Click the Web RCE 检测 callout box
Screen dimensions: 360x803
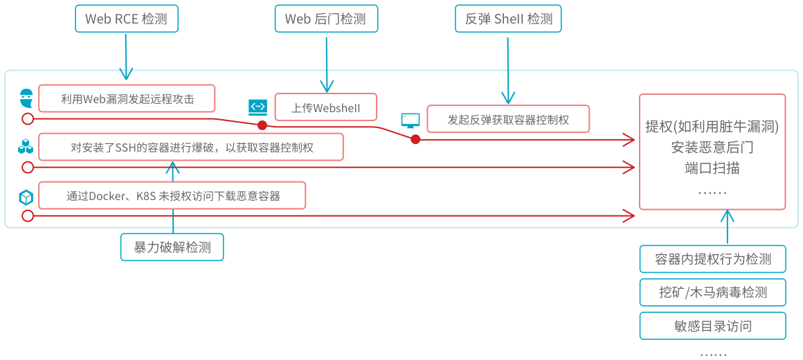pos(126,19)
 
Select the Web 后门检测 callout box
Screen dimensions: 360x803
pos(325,19)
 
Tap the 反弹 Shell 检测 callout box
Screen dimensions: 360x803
pos(508,19)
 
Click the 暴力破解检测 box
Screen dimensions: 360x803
pos(172,247)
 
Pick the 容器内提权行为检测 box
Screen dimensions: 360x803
pos(712,259)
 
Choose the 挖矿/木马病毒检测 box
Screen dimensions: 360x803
pos(712,292)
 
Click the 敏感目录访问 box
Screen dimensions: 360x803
pos(712,325)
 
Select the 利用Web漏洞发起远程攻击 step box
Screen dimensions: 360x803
pos(127,98)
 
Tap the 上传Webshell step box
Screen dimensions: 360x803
pos(325,107)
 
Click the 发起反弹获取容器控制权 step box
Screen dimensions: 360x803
pos(507,119)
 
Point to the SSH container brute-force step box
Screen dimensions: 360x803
pos(190,147)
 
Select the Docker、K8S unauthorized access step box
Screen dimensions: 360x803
pos(172,195)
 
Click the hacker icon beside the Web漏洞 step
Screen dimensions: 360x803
pos(26,97)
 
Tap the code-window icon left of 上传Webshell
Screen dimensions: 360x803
pos(258,107)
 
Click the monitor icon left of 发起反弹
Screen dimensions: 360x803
pos(410,120)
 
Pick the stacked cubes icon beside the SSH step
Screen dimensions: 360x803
pos(26,147)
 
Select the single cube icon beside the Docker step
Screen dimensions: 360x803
pos(26,197)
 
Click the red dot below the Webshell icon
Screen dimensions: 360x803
pos(262,125)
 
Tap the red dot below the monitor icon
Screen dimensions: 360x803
pos(415,139)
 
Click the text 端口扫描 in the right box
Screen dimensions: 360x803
pos(712,168)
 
